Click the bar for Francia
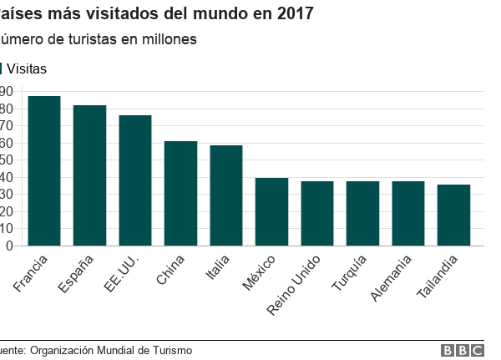pos(44,171)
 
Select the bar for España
pos(89,175)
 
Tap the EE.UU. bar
pos(135,180)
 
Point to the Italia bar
pos(226,195)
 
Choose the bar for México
pos(271,212)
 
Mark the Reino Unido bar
pos(317,214)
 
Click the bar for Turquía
pos(362,214)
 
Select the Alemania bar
pos(408,214)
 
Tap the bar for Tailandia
pos(453,215)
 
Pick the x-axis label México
pos(261,274)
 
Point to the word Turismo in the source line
pos(170,351)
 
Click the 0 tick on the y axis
pos(9,246)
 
